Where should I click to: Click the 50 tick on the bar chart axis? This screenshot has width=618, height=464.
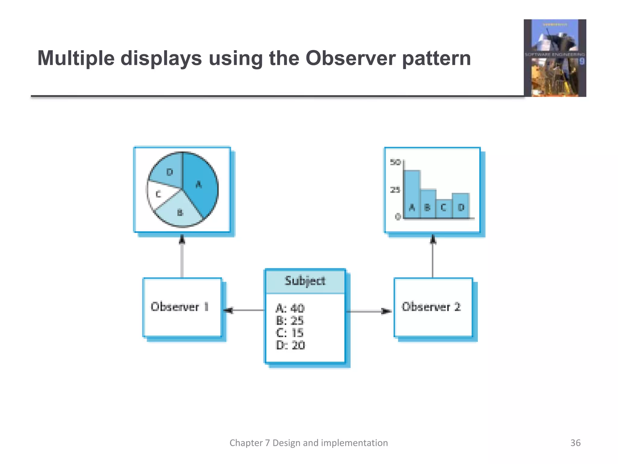(395, 163)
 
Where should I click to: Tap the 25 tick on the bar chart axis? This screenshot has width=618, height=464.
(395, 190)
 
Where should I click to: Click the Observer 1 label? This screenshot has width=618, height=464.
(180, 307)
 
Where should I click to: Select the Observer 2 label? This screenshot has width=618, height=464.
(431, 307)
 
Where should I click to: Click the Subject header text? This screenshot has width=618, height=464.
(305, 281)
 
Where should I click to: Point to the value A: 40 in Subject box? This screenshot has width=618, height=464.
(290, 308)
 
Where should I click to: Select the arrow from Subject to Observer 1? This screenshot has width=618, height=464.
(244, 310)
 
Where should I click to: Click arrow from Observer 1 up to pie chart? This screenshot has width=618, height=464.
(182, 257)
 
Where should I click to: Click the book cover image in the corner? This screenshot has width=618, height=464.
(555, 58)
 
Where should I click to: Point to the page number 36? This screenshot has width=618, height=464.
(575, 443)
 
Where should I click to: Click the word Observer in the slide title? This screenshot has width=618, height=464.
(350, 58)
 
